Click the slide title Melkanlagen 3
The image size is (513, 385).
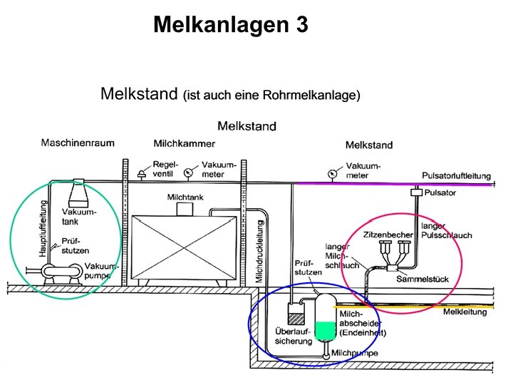[x=231, y=25]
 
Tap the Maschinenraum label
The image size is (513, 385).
[x=78, y=143]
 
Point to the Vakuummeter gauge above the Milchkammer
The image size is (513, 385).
[x=188, y=172]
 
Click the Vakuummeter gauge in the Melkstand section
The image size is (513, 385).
[x=332, y=173]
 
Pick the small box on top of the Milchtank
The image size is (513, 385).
[x=187, y=208]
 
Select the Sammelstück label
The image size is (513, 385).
[x=422, y=279]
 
